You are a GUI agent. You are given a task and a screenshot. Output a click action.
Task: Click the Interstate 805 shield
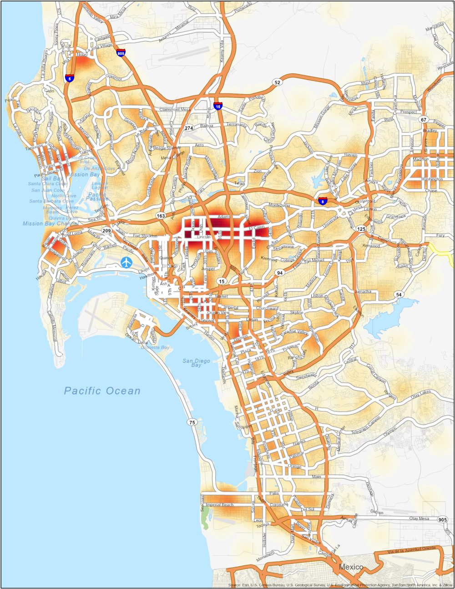pyautogui.click(x=121, y=53)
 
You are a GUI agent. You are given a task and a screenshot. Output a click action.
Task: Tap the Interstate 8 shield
pyautogui.click(x=322, y=200)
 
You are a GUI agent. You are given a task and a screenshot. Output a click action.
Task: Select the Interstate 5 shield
pyautogui.click(x=70, y=78)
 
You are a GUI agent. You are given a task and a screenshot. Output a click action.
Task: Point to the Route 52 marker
pyautogui.click(x=277, y=82)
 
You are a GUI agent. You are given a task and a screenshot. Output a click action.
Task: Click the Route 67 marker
pyautogui.click(x=424, y=120)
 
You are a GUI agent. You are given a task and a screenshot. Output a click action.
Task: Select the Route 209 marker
pyautogui.click(x=106, y=231)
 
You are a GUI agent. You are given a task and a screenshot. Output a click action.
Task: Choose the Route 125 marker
pyautogui.click(x=361, y=229)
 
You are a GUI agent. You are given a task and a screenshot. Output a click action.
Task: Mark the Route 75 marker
pyautogui.click(x=192, y=422)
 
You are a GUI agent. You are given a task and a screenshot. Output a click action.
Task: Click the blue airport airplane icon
pyautogui.click(x=127, y=262)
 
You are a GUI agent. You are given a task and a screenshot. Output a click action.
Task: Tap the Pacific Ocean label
pyautogui.click(x=102, y=391)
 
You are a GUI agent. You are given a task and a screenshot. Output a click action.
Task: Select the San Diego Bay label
pyautogui.click(x=197, y=363)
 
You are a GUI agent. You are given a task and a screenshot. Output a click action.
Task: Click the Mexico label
pyautogui.click(x=351, y=567)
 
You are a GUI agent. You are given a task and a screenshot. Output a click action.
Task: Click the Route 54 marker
pyautogui.click(x=399, y=294)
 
